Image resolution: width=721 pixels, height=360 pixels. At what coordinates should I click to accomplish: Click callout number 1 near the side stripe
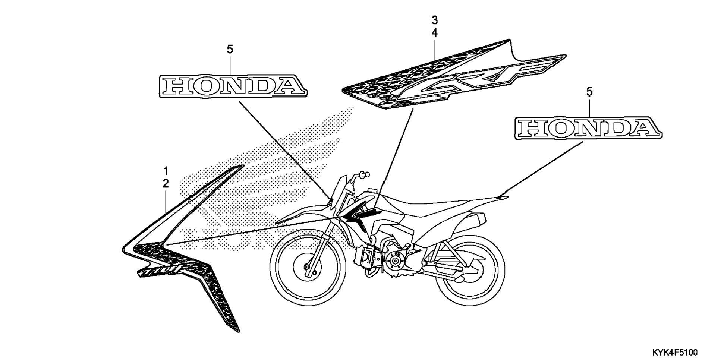[166, 171]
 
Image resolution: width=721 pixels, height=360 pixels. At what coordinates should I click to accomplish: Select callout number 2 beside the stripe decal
[166, 184]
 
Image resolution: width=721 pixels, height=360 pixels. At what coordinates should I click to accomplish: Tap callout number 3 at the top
[434, 20]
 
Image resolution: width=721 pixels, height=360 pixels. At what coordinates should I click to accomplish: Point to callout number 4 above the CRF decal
[434, 33]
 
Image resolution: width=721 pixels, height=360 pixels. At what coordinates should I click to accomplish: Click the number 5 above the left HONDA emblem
[230, 49]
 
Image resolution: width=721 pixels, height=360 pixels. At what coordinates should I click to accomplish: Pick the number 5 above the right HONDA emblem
[589, 92]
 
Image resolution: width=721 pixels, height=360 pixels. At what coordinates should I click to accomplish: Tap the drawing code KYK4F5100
[675, 352]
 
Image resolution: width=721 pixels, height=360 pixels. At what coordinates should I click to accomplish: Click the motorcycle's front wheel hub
[306, 267]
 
